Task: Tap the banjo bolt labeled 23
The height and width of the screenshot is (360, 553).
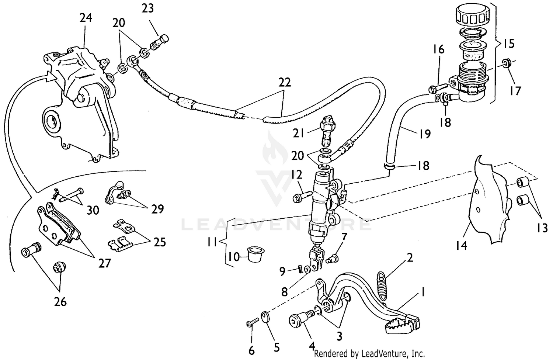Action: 159,44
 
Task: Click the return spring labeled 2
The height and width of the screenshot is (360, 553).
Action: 383,282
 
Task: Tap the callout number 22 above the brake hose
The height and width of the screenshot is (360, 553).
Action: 285,83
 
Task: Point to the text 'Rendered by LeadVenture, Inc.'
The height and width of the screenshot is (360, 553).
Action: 369,354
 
